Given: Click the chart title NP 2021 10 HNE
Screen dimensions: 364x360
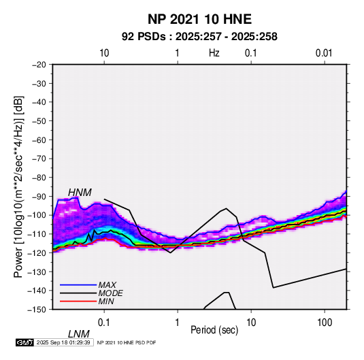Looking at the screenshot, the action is pyautogui.click(x=199, y=19).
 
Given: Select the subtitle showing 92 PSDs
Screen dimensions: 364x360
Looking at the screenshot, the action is pyautogui.click(x=199, y=37).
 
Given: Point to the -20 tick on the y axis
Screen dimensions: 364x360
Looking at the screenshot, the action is pyautogui.click(x=39, y=65).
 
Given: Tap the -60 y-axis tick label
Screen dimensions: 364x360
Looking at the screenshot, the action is pyautogui.click(x=39, y=140).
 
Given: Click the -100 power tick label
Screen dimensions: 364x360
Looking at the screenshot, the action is pyautogui.click(x=37, y=215).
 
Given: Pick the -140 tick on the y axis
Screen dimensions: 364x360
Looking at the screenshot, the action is pyautogui.click(x=37, y=291).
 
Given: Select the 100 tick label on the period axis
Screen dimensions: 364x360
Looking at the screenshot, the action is pyautogui.click(x=325, y=323).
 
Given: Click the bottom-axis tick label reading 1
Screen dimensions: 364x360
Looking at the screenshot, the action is pyautogui.click(x=178, y=323).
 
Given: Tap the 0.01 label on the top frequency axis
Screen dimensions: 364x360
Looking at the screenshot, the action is pyautogui.click(x=324, y=53).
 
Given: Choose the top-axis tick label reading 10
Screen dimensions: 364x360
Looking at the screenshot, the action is pyautogui.click(x=104, y=53).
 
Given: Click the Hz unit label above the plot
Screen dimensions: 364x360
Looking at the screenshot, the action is pyautogui.click(x=214, y=53).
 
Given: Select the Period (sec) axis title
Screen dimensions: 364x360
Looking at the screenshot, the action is pyautogui.click(x=214, y=330).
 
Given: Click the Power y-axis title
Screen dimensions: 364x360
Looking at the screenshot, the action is pyautogui.click(x=18, y=186).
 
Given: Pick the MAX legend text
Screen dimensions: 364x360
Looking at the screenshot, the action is pyautogui.click(x=107, y=285).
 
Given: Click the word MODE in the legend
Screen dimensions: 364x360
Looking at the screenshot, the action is pyautogui.click(x=110, y=293).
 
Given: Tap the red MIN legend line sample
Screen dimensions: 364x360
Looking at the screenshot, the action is pyautogui.click(x=78, y=301).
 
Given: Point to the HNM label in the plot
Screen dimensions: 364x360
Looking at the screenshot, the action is pyautogui.click(x=80, y=193).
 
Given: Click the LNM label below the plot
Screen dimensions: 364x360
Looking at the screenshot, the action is pyautogui.click(x=79, y=334).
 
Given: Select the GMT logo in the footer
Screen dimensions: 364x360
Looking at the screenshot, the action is pyautogui.click(x=24, y=342).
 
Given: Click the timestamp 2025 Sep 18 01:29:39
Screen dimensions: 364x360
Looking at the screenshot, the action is pyautogui.click(x=63, y=342).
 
